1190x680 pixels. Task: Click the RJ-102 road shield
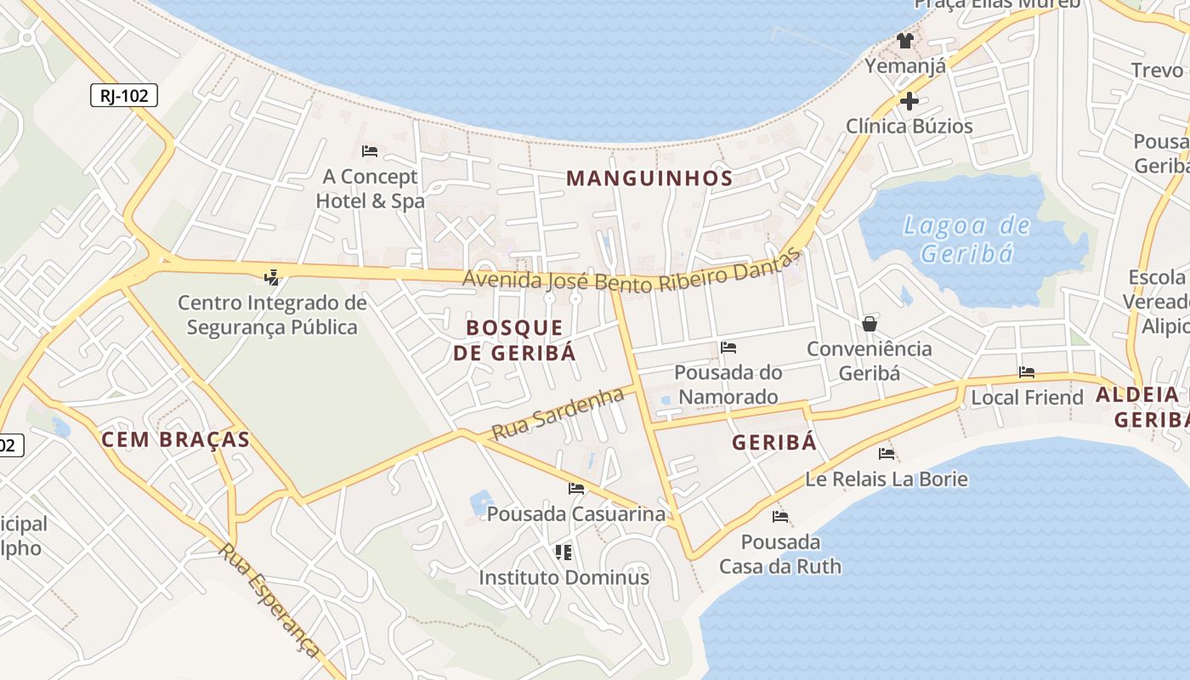124,95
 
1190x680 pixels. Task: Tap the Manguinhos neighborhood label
649,178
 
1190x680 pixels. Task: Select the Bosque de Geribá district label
514,340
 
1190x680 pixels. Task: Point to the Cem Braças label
175,439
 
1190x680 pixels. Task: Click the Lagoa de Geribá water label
967,240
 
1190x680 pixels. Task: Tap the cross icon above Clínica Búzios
909,101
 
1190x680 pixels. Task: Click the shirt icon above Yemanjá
904,40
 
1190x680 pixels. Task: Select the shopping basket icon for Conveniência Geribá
870,324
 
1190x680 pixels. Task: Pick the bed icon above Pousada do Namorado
728,347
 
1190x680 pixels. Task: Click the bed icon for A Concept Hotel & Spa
370,151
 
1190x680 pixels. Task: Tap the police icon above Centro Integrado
272,276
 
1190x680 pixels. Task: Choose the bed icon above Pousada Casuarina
576,489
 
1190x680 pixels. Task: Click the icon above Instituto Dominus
563,552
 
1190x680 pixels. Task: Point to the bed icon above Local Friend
1027,372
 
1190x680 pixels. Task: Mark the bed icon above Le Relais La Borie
887,453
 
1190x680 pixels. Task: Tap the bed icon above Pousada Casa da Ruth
780,517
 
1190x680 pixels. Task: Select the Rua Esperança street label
269,599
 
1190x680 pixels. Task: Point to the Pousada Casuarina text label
576,514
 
